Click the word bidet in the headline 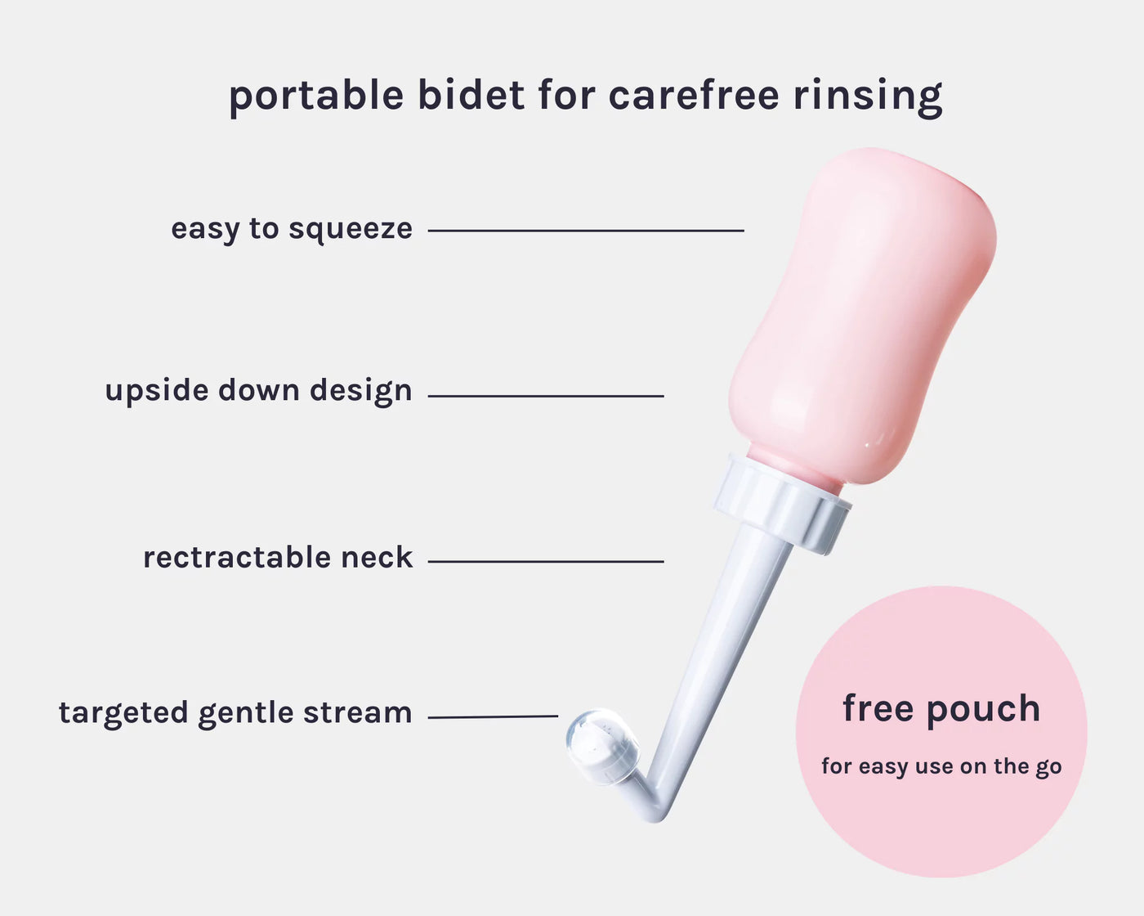[x=471, y=95]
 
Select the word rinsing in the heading [x=868, y=97]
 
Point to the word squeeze [x=351, y=231]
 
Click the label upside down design [x=258, y=391]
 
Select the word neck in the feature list [x=377, y=557]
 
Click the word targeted [x=123, y=713]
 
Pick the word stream [x=358, y=712]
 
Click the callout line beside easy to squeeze [x=586, y=231]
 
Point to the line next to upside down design [x=546, y=396]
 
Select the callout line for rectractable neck [x=546, y=561]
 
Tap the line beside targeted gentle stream [x=493, y=717]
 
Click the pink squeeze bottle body [x=861, y=314]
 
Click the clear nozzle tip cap [x=602, y=746]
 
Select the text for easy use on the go [x=941, y=767]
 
